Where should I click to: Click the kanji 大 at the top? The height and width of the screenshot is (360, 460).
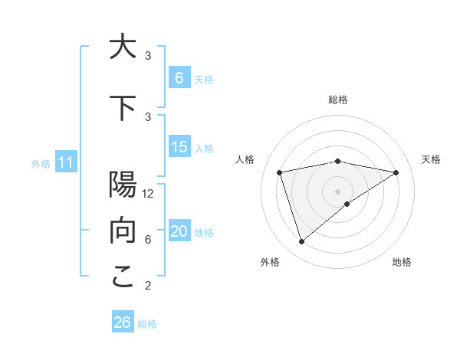[123, 47]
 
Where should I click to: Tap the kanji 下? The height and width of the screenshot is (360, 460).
[123, 109]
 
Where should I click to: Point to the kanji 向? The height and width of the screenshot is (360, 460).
[123, 230]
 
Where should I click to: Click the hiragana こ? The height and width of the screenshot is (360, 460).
[123, 277]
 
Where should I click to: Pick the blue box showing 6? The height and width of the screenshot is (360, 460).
[179, 78]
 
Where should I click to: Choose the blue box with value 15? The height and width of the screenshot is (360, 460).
[179, 147]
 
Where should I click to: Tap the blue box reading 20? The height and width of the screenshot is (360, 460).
[179, 231]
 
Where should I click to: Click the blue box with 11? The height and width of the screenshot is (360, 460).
[65, 162]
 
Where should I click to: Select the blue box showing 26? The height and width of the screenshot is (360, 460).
[123, 322]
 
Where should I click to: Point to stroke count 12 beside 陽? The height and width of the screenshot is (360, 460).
[149, 194]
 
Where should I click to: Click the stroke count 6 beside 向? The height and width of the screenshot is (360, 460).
[147, 240]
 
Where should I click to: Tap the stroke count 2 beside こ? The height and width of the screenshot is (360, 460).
[147, 286]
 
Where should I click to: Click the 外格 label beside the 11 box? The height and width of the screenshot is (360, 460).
[40, 163]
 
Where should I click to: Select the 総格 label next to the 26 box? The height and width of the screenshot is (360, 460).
[147, 324]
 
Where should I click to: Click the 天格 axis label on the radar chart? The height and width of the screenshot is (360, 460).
[431, 159]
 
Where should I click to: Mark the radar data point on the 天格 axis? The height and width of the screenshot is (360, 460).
[396, 172]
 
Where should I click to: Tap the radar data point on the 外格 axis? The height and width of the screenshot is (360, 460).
[301, 242]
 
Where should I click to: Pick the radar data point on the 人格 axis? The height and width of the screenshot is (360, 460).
[280, 172]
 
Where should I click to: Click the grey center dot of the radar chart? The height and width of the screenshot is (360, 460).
[337, 191]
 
